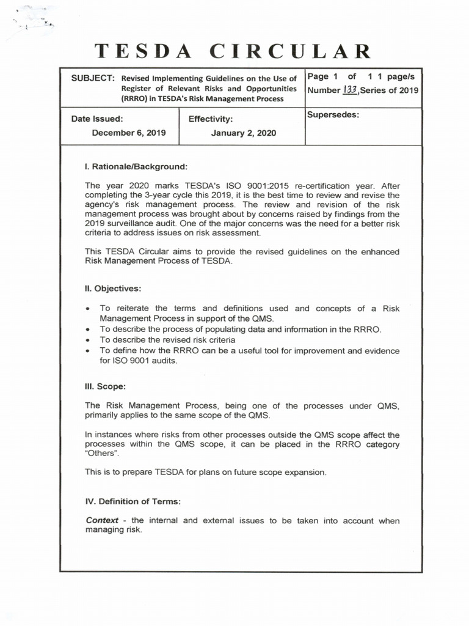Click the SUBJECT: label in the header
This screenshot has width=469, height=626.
pyautogui.click(x=93, y=78)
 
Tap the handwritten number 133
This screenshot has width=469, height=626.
pyautogui.click(x=350, y=90)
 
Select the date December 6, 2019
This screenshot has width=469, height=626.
pyautogui.click(x=129, y=133)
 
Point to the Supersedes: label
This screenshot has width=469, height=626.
pyautogui.click(x=333, y=115)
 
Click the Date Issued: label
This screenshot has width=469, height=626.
pyautogui.click(x=97, y=119)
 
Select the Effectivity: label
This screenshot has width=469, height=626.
pyautogui.click(x=211, y=119)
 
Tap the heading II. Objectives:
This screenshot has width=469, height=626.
pyautogui.click(x=113, y=288)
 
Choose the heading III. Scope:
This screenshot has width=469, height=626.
pyautogui.click(x=106, y=386)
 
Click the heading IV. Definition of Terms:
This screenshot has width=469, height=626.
pyautogui.click(x=133, y=501)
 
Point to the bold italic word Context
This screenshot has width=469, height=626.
pyautogui.click(x=102, y=521)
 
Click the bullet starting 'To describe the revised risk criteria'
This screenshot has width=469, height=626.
pyautogui.click(x=168, y=340)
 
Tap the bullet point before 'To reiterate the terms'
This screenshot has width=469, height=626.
pyautogui.click(x=90, y=309)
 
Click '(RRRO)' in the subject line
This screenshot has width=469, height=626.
pyautogui.click(x=137, y=98)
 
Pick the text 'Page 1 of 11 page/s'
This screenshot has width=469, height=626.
pyautogui.click(x=361, y=76)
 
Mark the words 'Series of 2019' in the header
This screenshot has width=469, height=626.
pyautogui.click(x=389, y=90)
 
